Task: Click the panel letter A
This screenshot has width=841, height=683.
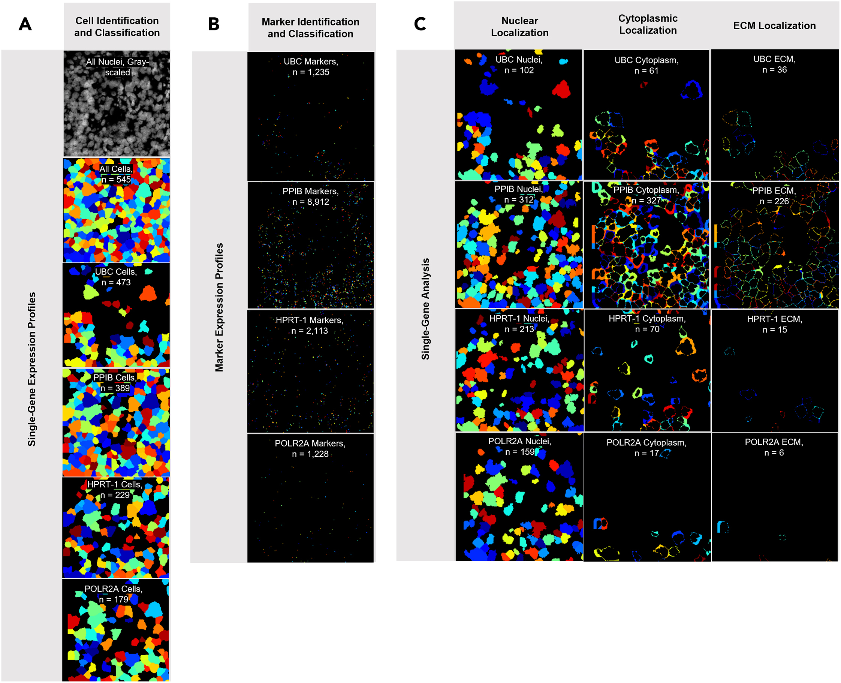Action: [25, 24]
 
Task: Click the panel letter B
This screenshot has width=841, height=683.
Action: [214, 24]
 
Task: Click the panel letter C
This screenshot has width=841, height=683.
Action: [420, 24]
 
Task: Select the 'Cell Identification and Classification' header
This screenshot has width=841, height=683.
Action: [117, 27]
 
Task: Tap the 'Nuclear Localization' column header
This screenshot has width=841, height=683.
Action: [519, 27]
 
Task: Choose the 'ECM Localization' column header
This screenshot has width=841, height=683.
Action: [774, 26]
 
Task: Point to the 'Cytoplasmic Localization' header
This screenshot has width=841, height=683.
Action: [648, 24]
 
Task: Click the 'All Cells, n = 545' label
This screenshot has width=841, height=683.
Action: [116, 174]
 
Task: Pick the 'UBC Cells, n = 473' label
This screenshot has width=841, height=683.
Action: [116, 277]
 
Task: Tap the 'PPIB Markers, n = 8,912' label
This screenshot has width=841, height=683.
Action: [310, 196]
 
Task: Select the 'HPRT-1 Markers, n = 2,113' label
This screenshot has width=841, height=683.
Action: [309, 325]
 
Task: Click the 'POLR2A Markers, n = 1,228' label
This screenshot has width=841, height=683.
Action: [310, 448]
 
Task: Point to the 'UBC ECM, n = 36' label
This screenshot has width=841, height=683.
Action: [774, 64]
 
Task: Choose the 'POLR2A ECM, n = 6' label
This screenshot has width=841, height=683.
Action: [774, 447]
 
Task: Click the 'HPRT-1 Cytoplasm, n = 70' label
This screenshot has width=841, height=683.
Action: [647, 324]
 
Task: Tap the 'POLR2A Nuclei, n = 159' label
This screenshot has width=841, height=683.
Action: [519, 446]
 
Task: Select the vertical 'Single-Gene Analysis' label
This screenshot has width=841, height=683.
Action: [425, 309]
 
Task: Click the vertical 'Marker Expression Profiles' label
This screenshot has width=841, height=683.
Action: [219, 307]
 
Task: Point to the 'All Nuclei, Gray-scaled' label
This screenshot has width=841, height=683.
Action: [117, 67]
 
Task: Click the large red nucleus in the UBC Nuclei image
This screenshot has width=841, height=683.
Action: [561, 90]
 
